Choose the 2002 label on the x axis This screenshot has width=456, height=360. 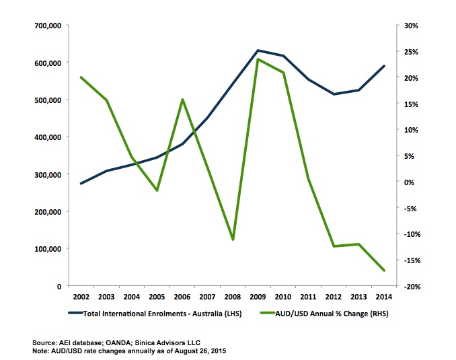pos(81,297)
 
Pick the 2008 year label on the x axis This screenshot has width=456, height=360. pos(233,297)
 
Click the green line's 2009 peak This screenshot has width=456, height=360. pos(258,59)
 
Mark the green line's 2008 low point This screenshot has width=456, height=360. pos(233,240)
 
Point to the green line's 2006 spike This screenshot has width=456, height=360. pos(182,100)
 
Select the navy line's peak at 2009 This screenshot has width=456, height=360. pos(258,50)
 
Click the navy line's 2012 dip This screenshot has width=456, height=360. pos(334,94)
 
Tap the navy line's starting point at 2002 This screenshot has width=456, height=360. pos(81,183)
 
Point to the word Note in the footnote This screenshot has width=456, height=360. pos(42,351)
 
